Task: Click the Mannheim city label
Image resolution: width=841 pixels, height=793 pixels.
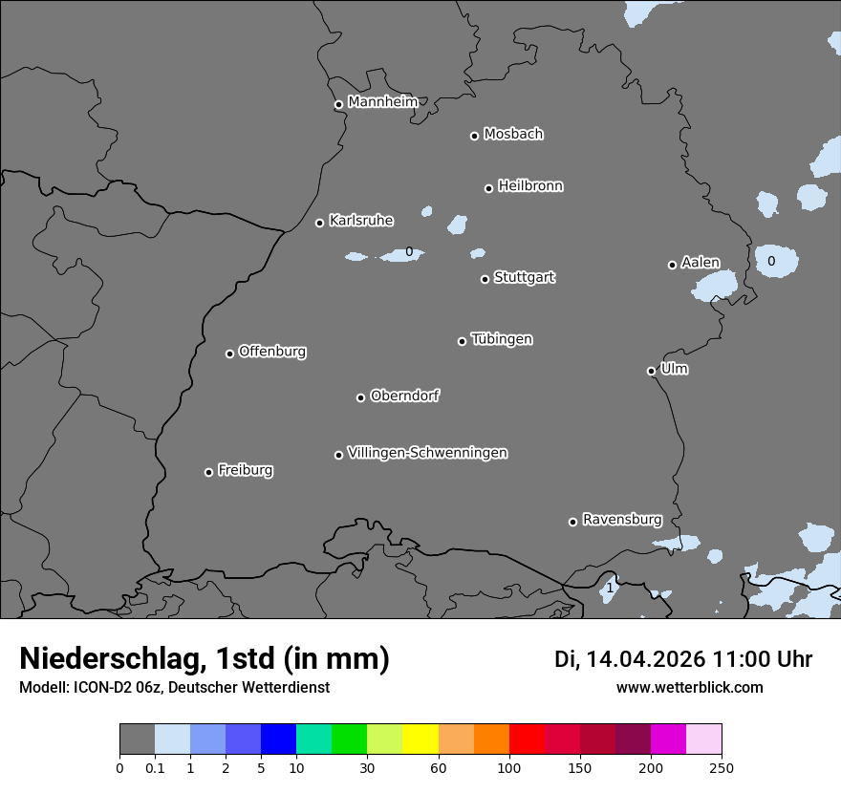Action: [x=382, y=102]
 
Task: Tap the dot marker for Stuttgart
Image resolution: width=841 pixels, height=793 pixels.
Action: [x=485, y=279]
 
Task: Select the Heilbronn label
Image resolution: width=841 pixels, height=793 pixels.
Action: [x=530, y=186]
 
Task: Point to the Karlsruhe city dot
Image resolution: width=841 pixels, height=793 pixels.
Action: [x=319, y=223]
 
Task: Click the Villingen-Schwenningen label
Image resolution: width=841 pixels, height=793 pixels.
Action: [x=427, y=453]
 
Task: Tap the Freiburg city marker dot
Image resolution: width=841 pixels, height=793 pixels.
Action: [x=208, y=472]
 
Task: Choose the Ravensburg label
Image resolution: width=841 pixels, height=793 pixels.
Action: [x=622, y=520]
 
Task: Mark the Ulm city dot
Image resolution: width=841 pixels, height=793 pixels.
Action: [x=651, y=371]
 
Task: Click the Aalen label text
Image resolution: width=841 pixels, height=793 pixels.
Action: [x=701, y=263]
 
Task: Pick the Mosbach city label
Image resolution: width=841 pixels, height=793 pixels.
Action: [x=513, y=135]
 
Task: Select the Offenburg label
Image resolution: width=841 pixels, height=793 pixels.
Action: [x=272, y=352]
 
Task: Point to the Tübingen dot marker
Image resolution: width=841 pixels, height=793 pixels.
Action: [x=462, y=341]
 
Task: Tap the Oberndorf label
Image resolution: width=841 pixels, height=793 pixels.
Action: [x=405, y=396]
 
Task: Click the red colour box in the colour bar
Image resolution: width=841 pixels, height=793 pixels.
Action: [x=527, y=739]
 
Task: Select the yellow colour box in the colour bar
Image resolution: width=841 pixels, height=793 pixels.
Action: [x=420, y=739]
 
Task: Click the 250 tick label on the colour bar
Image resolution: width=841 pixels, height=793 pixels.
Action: [x=722, y=768]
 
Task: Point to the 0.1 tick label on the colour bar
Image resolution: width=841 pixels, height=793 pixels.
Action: [x=154, y=768]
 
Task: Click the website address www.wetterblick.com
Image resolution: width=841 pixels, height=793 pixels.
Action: [x=690, y=687]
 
